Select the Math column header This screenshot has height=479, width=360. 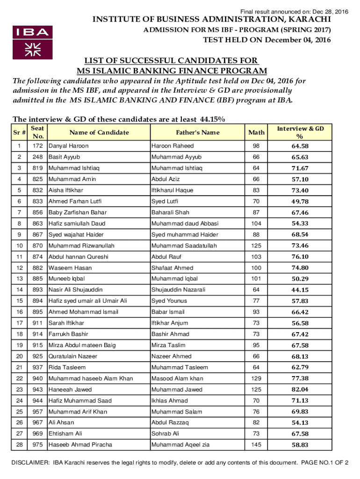pos(256,132)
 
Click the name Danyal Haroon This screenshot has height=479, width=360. pos(69,146)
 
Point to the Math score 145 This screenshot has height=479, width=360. pos(256,445)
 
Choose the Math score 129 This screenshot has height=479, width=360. pos(256,378)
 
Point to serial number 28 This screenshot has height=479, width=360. pos(19,445)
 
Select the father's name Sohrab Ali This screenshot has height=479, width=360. pos(166,434)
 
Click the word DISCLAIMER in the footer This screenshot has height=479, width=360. pos(28,463)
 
